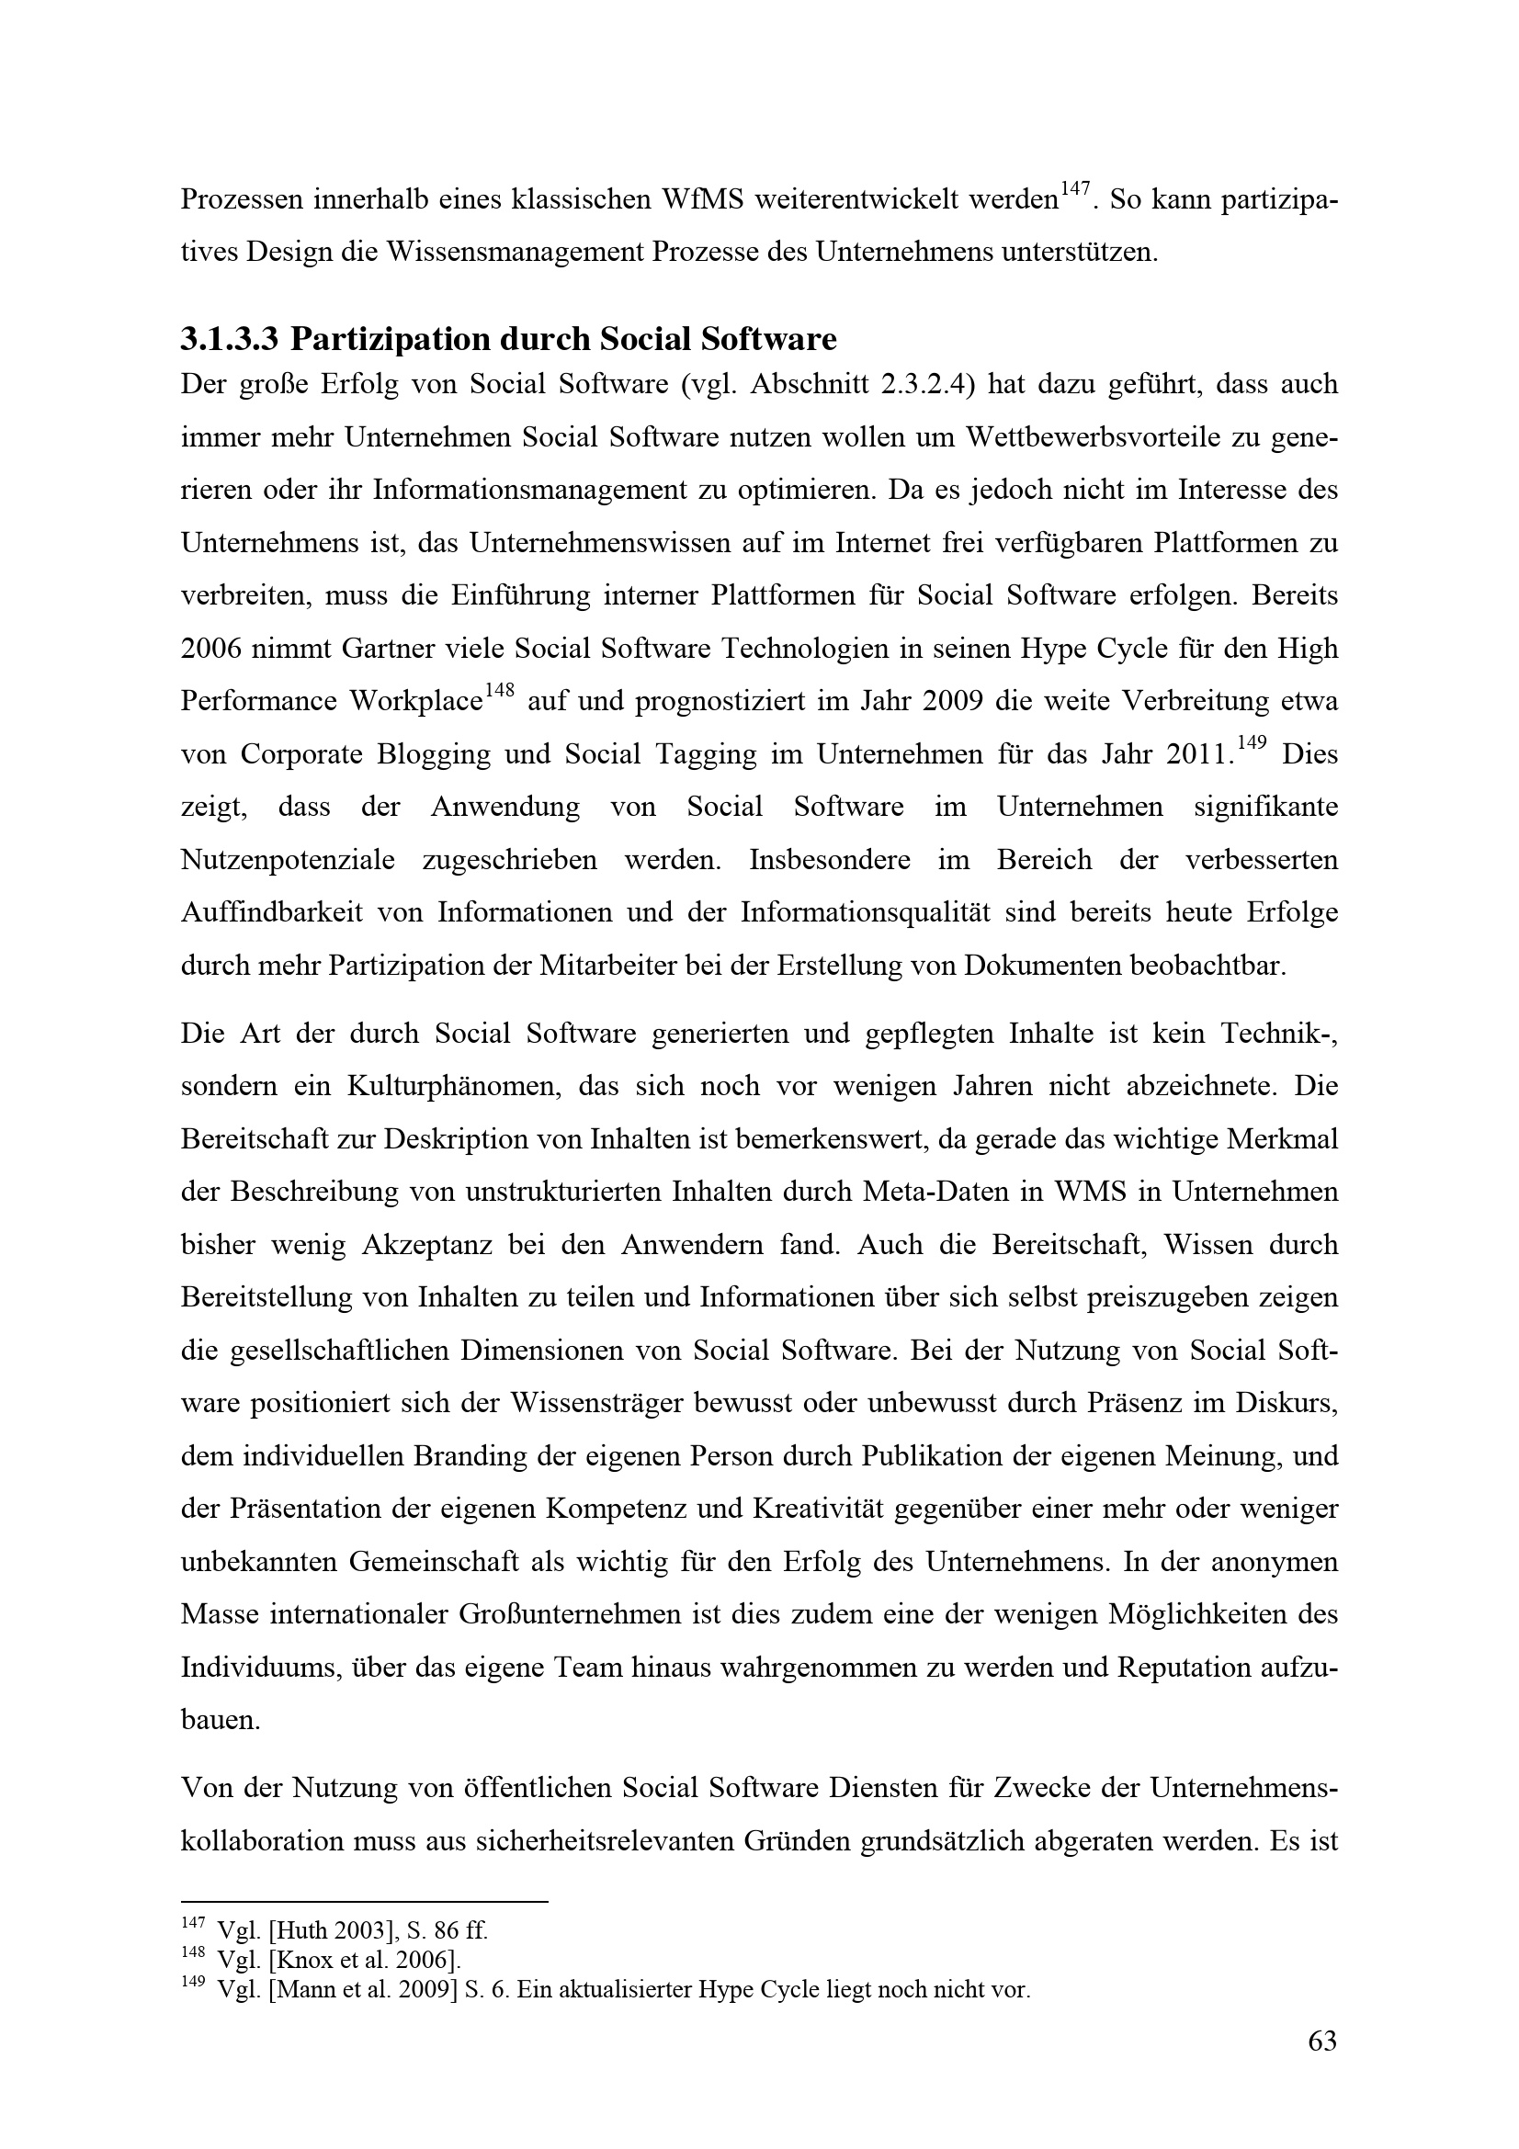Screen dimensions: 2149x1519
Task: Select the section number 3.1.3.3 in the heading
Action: [x=230, y=339]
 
